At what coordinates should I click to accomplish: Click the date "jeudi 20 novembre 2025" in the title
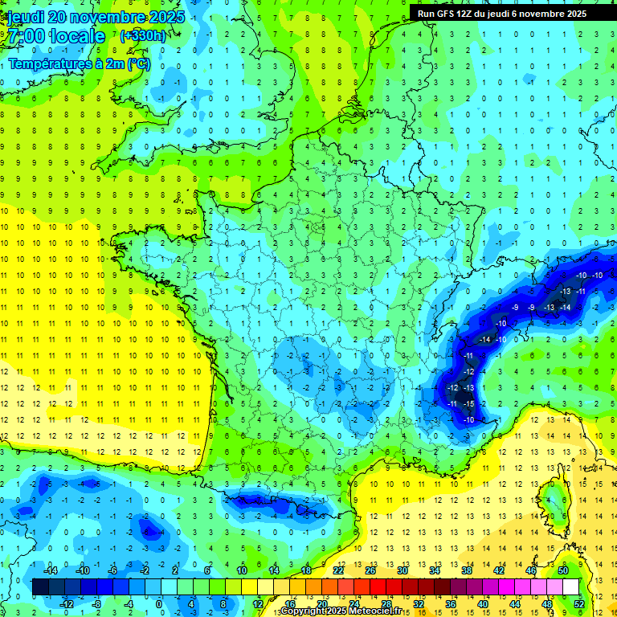point(95,17)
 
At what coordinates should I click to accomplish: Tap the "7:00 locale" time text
point(56,36)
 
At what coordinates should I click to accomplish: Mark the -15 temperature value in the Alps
point(468,403)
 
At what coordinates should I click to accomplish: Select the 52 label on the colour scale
point(579,603)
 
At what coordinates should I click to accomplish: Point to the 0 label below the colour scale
point(159,603)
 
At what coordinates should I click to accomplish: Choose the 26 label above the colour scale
point(371,570)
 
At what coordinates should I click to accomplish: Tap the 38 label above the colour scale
point(466,570)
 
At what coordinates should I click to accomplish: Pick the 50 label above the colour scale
point(562,570)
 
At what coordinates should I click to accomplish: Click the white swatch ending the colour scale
point(570,586)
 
